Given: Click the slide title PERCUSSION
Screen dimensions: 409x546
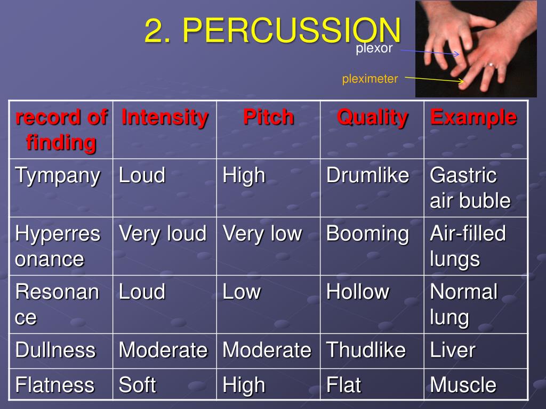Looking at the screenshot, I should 272,31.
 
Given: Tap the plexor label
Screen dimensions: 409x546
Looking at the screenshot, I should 374,49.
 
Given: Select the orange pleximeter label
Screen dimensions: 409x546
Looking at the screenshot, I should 370,79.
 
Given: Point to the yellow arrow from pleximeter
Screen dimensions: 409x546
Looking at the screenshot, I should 434,79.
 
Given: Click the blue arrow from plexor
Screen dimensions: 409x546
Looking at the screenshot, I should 429,52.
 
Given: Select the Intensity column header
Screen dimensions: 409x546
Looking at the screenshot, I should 164,117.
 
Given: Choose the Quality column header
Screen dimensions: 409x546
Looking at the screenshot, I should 372,117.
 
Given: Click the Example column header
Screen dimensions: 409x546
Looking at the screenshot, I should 473,117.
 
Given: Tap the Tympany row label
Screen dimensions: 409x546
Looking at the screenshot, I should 58,175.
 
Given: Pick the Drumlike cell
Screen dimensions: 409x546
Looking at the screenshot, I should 367,175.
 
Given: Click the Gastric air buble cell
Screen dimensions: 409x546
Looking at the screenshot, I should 470,188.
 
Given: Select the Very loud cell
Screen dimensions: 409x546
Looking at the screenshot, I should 162,233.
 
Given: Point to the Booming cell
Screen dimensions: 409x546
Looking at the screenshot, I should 367,233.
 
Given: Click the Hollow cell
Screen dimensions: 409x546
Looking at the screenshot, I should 358,292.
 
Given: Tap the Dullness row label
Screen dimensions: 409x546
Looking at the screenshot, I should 55,350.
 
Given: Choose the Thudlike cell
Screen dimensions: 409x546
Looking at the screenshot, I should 366,350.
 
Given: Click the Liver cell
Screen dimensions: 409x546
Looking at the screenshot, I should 452,350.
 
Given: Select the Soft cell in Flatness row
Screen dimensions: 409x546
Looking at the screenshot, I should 138,385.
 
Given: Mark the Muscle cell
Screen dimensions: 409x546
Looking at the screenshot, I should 463,385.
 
